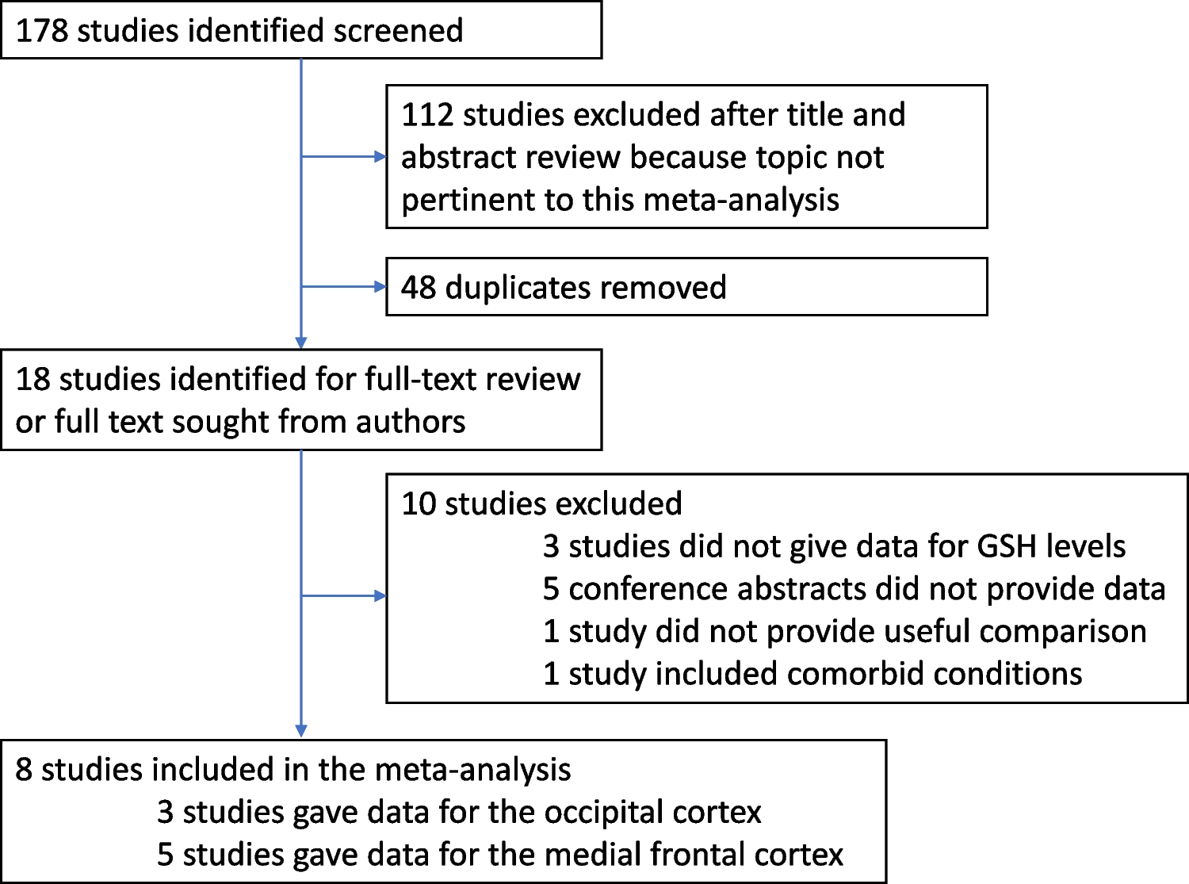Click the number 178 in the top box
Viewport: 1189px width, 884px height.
[x=43, y=31]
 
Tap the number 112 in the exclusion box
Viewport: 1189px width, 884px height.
[x=427, y=115]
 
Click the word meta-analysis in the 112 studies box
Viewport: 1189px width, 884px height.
[x=741, y=200]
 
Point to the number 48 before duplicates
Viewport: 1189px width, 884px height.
[x=419, y=287]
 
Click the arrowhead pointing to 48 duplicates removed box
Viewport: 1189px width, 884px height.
[x=380, y=287]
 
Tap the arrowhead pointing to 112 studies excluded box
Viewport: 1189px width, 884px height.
[x=380, y=157]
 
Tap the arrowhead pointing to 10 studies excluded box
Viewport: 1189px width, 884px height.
[x=380, y=596]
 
